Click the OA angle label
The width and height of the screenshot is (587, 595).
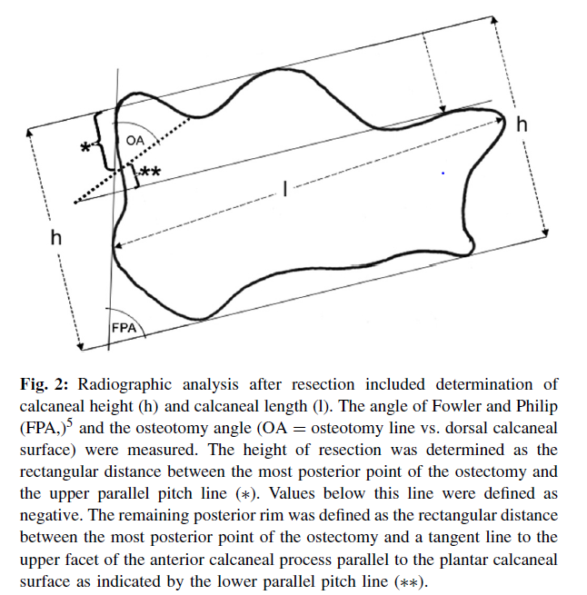(x=134, y=139)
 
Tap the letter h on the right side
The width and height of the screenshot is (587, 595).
(x=522, y=124)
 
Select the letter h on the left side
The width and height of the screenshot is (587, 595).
(x=56, y=238)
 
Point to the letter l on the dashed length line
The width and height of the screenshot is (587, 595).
(x=284, y=189)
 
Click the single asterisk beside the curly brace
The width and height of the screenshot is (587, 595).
(x=86, y=147)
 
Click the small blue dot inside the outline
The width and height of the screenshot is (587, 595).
(x=443, y=172)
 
